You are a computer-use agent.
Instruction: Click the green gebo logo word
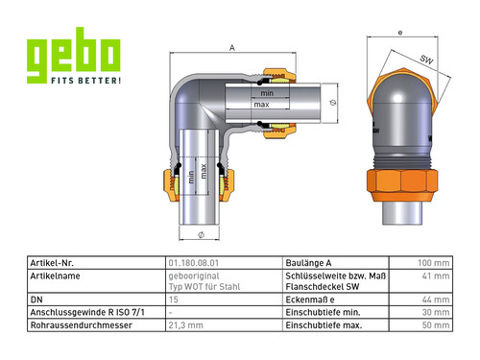coord(74,55)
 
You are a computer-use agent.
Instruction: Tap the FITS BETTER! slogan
coord(85,80)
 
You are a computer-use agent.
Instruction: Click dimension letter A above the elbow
coord(232,48)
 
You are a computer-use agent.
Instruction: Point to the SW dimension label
coord(426,60)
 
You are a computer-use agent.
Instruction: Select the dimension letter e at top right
coord(400,33)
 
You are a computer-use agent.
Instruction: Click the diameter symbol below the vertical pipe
coord(201,235)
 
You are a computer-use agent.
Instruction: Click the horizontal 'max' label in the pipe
coord(261,105)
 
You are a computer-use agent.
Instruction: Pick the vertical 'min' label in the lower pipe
coord(191,177)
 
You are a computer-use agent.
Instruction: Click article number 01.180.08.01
coord(194,263)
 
